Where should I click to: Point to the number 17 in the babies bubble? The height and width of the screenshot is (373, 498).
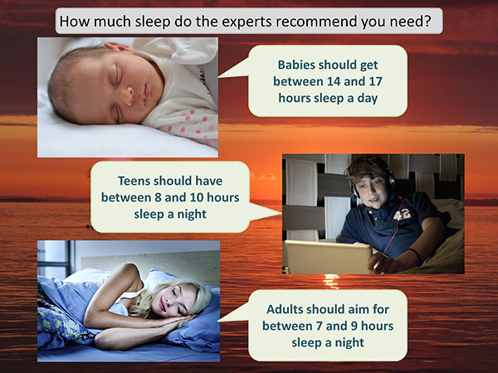pyautogui.click(x=375, y=81)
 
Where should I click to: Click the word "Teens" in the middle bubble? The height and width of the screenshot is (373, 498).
pyautogui.click(x=134, y=181)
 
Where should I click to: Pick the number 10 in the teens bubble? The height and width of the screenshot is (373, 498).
pyautogui.click(x=197, y=197)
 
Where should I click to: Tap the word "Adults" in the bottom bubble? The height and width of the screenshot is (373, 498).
pyautogui.click(x=285, y=309)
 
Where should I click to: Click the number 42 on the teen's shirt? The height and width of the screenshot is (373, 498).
pyautogui.click(x=402, y=215)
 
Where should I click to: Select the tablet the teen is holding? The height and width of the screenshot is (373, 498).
pyautogui.click(x=328, y=257)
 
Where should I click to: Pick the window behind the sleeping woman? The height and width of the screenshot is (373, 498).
pyautogui.click(x=54, y=258)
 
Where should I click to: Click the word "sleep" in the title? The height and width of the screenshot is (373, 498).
pyautogui.click(x=153, y=22)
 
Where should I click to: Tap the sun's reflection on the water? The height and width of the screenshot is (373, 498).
pyautogui.click(x=331, y=281)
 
